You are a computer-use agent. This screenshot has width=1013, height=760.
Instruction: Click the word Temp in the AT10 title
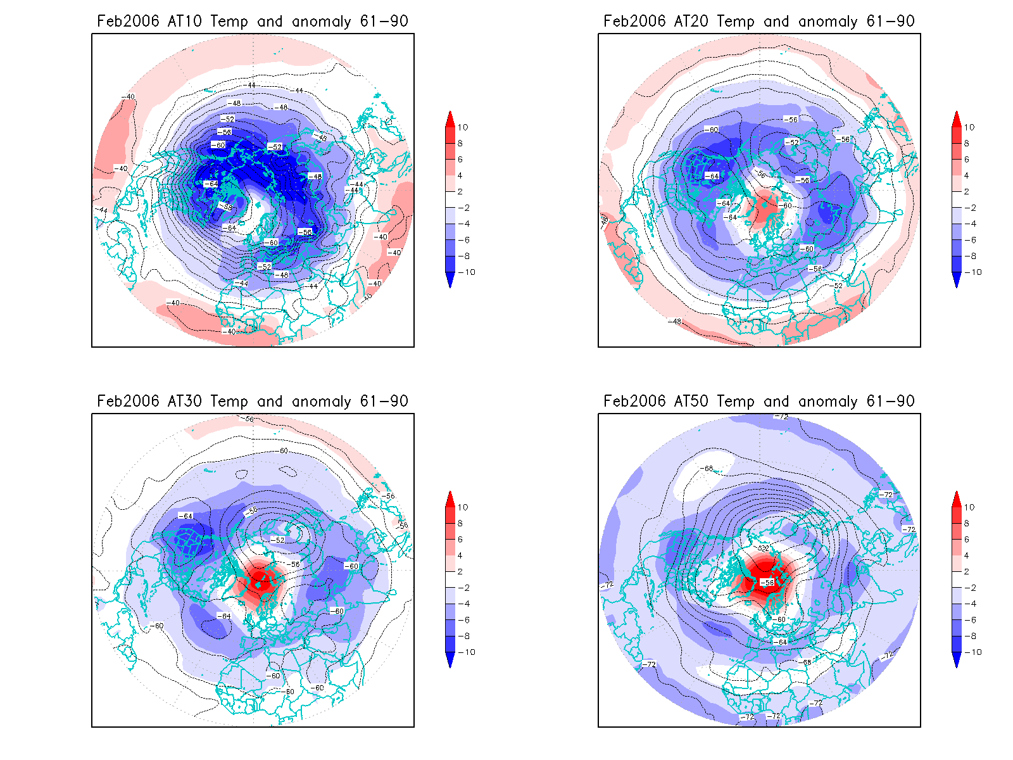coord(229,22)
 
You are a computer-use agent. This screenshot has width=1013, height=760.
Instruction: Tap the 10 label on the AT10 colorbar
coord(463,127)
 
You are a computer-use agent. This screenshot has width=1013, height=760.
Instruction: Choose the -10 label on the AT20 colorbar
coord(973,272)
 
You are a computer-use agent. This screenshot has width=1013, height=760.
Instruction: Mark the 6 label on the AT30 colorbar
coord(460,540)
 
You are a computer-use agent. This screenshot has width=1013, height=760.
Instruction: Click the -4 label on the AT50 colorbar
coord(971,604)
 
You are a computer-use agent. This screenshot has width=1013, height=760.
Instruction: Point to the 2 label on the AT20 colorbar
coord(967,191)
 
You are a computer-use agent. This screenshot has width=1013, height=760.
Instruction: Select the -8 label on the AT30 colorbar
coord(464,636)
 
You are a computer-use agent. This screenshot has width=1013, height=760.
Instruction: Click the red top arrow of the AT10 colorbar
coord(450,118)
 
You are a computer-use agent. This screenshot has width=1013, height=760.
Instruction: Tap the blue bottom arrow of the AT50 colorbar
coord(957,660)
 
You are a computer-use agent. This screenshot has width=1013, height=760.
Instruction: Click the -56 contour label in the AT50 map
coord(767,583)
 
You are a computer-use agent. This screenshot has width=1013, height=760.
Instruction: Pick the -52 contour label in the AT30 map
coord(278,540)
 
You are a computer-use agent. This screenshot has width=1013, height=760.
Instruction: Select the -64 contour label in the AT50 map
coord(782,642)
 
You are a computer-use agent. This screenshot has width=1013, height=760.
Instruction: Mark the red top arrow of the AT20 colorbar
coord(957,118)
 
